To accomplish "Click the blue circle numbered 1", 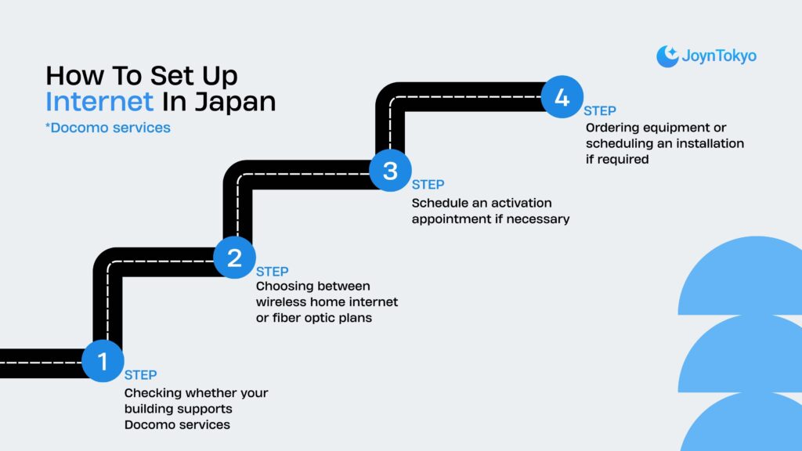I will [103, 361].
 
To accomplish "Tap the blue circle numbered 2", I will [234, 258].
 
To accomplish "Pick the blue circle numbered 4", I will [562, 98].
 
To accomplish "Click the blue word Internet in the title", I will [99, 102].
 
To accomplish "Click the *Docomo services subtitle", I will [108, 127].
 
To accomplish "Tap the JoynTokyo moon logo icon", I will [667, 56].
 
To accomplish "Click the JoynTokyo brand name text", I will [719, 56].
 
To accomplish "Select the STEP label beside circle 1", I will [141, 375].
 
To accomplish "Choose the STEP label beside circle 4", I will [600, 111].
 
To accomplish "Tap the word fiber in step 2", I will [291, 319].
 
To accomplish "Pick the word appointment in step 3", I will [451, 219].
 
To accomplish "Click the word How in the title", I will [74, 76].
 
